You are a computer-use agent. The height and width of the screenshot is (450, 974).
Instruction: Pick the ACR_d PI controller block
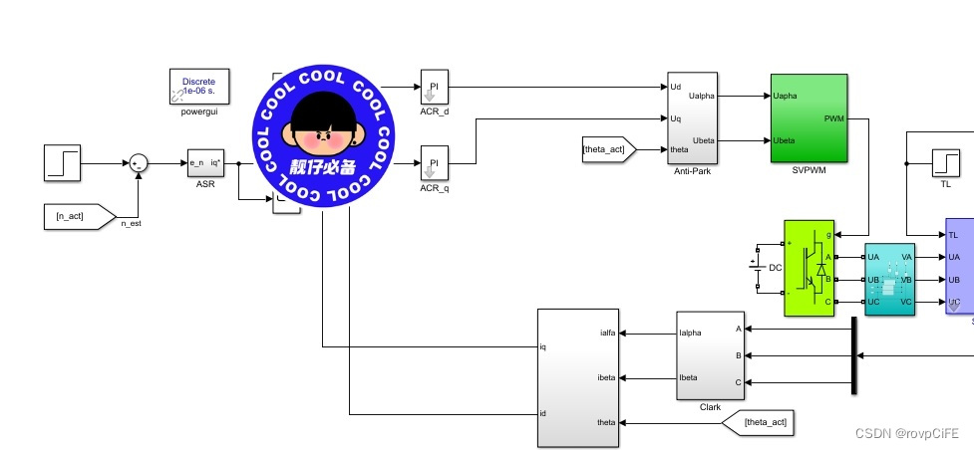click(x=435, y=88)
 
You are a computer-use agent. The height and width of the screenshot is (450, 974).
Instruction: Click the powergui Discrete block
click(x=199, y=87)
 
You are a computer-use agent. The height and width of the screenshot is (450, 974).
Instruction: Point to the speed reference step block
click(x=61, y=163)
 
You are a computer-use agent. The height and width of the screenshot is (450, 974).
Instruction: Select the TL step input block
click(x=944, y=161)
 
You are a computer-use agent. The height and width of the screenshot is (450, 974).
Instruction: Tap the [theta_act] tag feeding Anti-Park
click(x=609, y=150)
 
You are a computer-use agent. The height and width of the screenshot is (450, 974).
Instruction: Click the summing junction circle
click(x=139, y=163)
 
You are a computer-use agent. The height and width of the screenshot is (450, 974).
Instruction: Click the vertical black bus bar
click(x=854, y=355)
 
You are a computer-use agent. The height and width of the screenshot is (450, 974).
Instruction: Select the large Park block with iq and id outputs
click(x=578, y=379)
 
